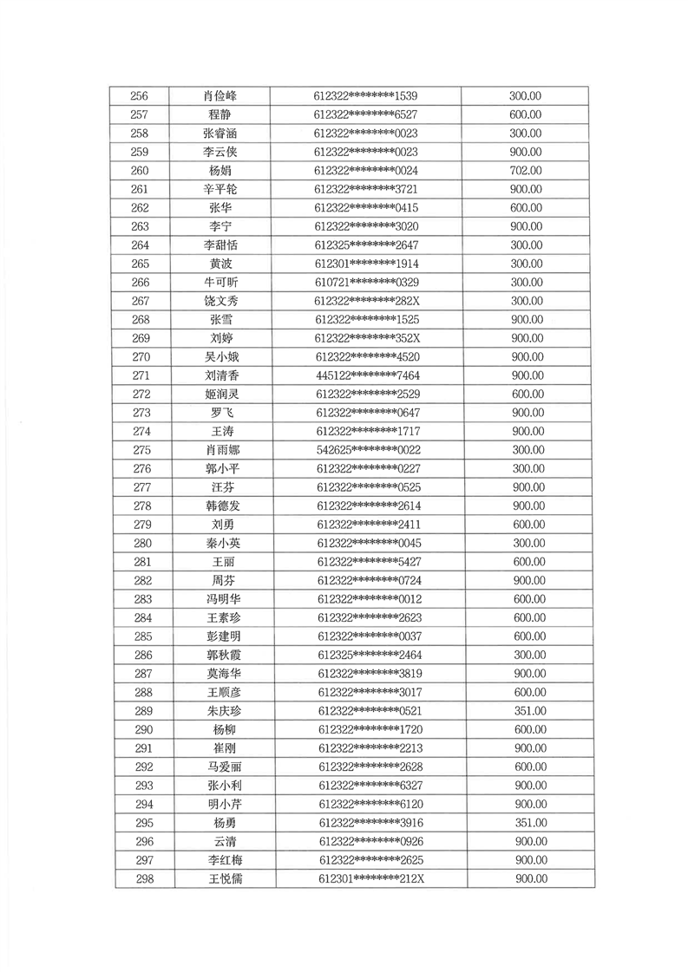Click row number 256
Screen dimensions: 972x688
tap(139, 96)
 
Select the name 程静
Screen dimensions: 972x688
tap(220, 114)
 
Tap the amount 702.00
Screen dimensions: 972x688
tap(526, 171)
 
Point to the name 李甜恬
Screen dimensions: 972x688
tap(220, 245)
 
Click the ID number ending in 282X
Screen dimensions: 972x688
tap(368, 301)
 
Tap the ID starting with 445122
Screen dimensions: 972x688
tap(369, 375)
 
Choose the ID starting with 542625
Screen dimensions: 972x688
tap(369, 450)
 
